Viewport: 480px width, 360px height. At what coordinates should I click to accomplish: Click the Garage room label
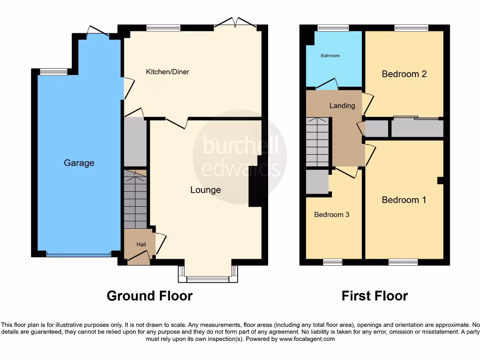pyautogui.click(x=79, y=163)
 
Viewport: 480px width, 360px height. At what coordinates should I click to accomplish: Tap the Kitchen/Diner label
pyautogui.click(x=167, y=72)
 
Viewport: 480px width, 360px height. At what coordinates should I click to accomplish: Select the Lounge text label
pyautogui.click(x=205, y=190)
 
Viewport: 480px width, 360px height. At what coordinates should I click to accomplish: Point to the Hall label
pyautogui.click(x=141, y=244)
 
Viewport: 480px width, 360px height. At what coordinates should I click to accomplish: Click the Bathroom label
pyautogui.click(x=330, y=56)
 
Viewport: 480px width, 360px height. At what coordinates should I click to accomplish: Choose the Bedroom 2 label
pyautogui.click(x=404, y=74)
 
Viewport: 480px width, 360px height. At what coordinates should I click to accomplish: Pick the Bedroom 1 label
pyautogui.click(x=404, y=200)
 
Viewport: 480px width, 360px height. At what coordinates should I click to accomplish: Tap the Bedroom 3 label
pyautogui.click(x=331, y=215)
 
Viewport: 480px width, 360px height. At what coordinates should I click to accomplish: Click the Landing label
pyautogui.click(x=342, y=106)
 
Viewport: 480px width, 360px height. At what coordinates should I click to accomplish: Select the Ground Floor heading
pyautogui.click(x=150, y=296)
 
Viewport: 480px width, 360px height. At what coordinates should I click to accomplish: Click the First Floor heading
pyautogui.click(x=375, y=296)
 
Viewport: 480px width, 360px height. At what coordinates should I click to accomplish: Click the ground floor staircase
pyautogui.click(x=135, y=199)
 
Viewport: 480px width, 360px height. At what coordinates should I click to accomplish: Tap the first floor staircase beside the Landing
pyautogui.click(x=318, y=142)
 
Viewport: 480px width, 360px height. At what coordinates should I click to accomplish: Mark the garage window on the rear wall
pyautogui.click(x=53, y=72)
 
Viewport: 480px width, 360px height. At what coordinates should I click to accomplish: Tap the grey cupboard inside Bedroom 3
pyautogui.click(x=317, y=182)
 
